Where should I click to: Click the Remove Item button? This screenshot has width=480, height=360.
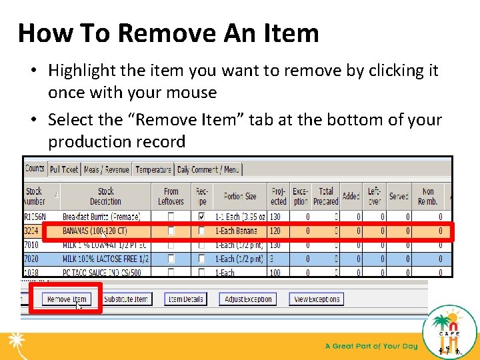pos(67,299)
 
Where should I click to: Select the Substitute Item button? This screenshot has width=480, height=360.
pos(125,299)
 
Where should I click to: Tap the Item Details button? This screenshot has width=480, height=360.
pos(186,299)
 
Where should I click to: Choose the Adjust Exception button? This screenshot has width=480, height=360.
pos(248,299)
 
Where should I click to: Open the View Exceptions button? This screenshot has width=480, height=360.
pos(317,299)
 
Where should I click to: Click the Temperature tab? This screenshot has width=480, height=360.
pos(153,170)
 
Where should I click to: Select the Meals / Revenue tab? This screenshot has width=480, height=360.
pos(107,170)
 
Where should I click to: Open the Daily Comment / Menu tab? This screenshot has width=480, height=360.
pos(208,170)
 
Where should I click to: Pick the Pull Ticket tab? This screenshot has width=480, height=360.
pos(64,170)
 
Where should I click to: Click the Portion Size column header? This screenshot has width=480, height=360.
pos(240,197)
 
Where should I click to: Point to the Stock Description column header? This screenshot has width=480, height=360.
pos(106,197)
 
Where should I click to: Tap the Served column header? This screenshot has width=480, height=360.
pos(399,197)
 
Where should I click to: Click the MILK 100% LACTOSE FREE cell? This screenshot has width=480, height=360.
pos(105,259)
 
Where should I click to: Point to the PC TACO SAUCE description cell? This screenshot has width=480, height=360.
pos(102,273)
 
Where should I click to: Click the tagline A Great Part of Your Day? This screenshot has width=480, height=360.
pos(371,346)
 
